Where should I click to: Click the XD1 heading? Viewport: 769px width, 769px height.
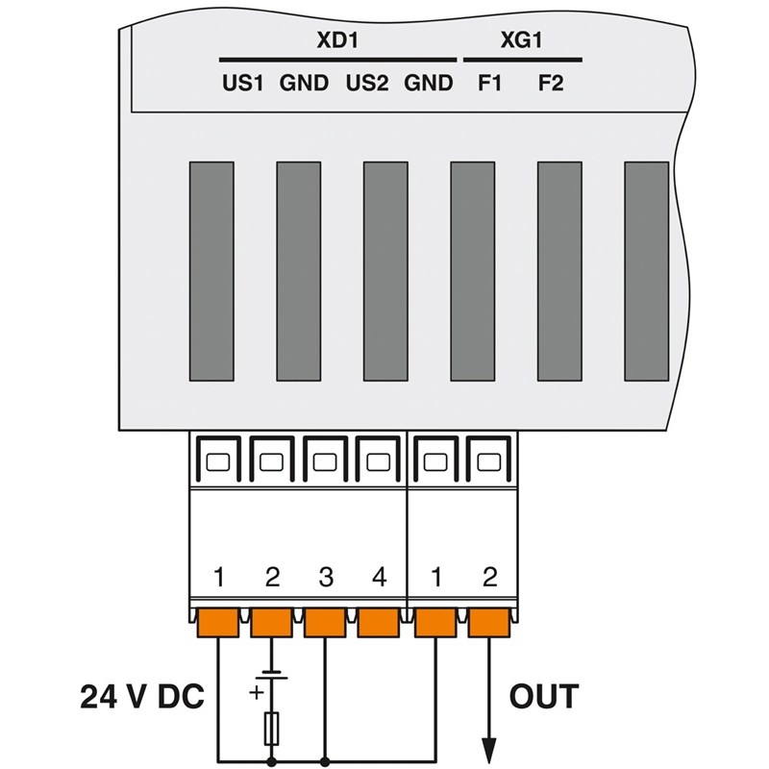335,41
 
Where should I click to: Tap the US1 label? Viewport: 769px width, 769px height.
242,84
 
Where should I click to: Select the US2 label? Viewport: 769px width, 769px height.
366,84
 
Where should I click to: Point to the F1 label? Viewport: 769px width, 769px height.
489,84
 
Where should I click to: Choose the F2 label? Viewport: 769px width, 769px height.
551,84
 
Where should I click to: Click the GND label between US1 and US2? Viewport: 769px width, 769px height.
304,84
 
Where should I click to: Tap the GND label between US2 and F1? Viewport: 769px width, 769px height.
428,84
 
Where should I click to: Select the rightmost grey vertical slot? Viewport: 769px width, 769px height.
646,271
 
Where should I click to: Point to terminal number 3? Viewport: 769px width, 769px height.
326,578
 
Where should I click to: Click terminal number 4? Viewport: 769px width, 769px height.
379,578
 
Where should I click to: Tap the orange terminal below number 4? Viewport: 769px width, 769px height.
379,624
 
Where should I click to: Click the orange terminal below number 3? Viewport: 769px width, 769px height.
326,624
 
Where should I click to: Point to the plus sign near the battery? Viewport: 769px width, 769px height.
257,692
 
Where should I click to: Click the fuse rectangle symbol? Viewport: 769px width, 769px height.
273,727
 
